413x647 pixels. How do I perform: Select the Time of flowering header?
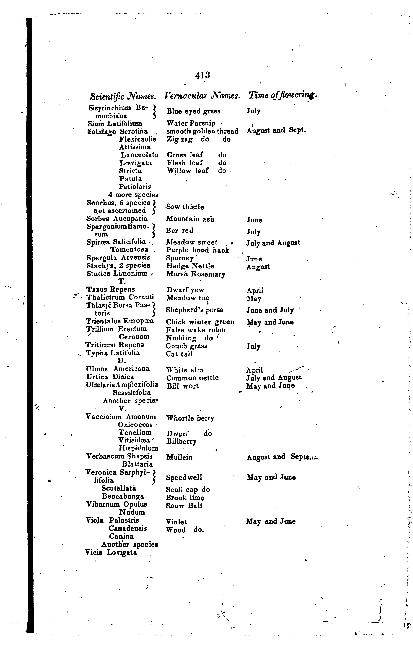pyautogui.click(x=283, y=95)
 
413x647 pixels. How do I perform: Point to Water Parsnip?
pyautogui.click(x=191, y=123)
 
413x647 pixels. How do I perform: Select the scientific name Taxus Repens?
pyautogui.click(x=111, y=289)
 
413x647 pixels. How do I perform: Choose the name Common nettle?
pyautogui.click(x=192, y=378)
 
